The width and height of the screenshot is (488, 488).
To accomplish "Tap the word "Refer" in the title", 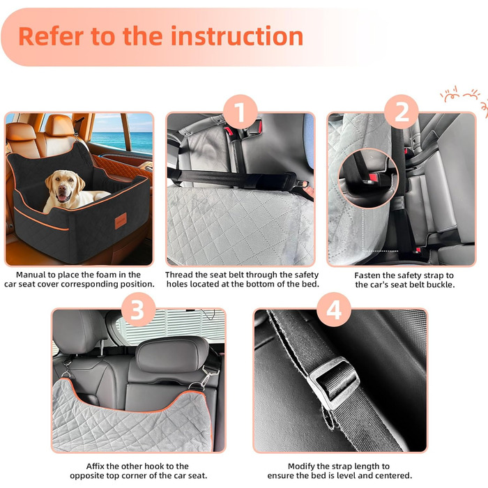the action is coord(51,36).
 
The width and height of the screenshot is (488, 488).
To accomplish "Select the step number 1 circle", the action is coord(240,112).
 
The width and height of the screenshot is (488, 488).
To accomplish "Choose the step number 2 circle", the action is coord(401,112).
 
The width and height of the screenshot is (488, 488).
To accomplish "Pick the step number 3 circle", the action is coord(138,310).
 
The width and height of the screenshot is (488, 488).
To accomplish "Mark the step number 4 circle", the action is coord(334,310).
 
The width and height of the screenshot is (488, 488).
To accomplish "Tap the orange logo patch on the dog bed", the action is coord(121,221).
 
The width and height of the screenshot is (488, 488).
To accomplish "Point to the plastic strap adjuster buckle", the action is coord(333,382).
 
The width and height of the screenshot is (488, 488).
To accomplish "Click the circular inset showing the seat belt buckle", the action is coord(368,178).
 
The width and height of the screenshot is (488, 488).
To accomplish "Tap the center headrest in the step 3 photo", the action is coord(172,354).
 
